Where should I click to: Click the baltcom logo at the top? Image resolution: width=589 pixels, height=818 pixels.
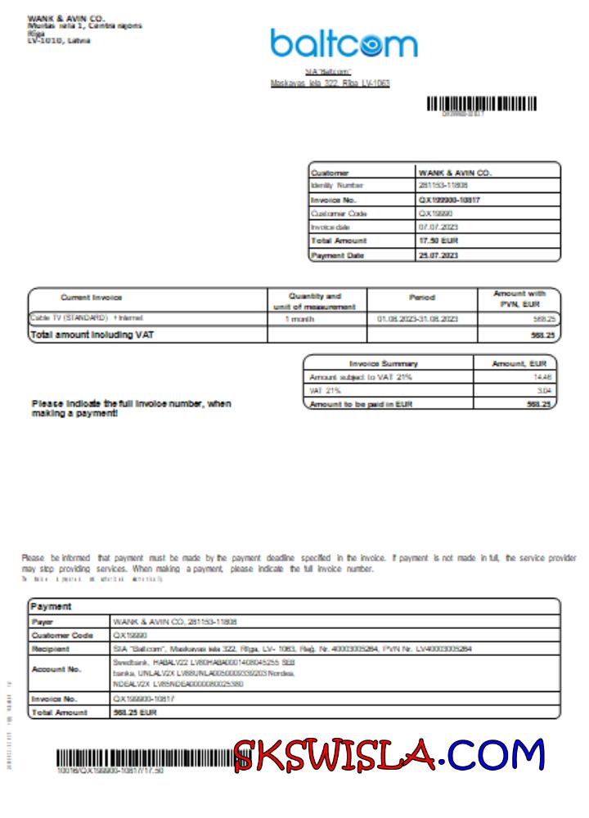coord(344,43)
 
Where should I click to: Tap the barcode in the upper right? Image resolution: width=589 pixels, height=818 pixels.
coord(481,104)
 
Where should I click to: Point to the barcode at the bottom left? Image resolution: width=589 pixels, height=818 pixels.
coord(143,757)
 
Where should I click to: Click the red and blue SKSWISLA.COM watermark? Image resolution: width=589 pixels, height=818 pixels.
coord(389,755)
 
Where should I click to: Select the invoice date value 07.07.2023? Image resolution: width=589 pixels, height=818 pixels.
coord(436,227)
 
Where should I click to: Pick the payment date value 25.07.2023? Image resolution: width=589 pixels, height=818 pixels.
coord(438,255)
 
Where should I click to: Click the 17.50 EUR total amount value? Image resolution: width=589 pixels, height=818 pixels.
coord(438,241)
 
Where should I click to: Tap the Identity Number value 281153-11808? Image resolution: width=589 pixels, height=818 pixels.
coord(443,186)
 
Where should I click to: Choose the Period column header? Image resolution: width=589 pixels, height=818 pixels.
coord(421,298)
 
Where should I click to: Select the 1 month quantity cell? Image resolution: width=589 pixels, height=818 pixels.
coord(299,318)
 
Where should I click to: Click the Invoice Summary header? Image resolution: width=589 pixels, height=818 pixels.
coord(384,363)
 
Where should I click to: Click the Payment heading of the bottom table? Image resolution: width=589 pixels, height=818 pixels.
coord(51,606)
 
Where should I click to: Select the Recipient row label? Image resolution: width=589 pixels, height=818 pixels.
coord(52,649)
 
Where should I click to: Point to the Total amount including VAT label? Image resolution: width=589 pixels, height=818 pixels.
coord(92,335)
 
